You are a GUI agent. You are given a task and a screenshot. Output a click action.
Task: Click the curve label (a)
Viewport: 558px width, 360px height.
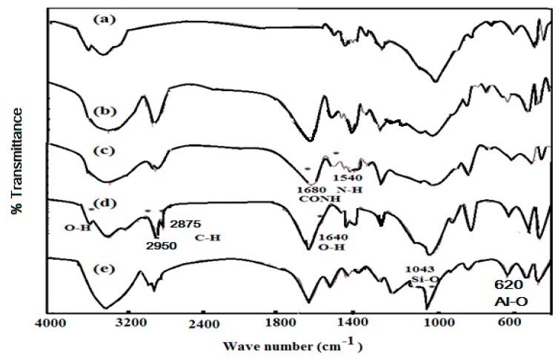101,20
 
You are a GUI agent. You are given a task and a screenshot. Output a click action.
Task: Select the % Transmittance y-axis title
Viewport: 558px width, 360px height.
16,159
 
